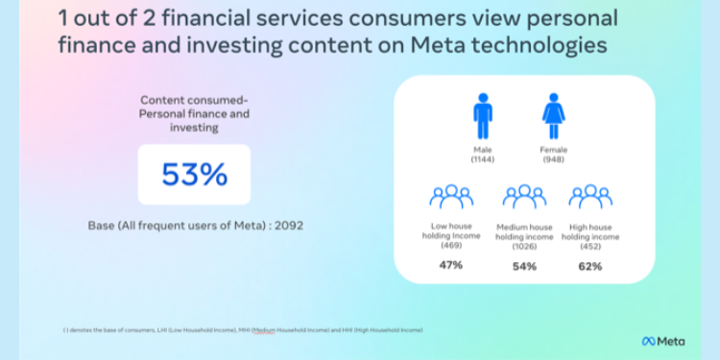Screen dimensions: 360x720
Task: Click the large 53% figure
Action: pyautogui.click(x=194, y=175)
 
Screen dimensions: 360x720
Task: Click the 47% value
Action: pyautogui.click(x=450, y=265)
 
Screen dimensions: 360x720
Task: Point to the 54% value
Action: pyautogui.click(x=524, y=265)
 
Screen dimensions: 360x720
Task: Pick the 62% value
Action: pyautogui.click(x=590, y=265)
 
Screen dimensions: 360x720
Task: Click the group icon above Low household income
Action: pyautogui.click(x=450, y=198)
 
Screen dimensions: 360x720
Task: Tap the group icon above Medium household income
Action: pyautogui.click(x=524, y=198)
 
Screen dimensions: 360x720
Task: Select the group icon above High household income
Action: pyautogui.click(x=590, y=198)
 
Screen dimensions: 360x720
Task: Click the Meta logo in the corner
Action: pyautogui.click(x=663, y=341)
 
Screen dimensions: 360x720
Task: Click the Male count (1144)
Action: pyautogui.click(x=482, y=159)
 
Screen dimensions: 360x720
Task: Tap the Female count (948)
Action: pyautogui.click(x=553, y=159)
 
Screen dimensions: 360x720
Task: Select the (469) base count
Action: pyautogui.click(x=450, y=246)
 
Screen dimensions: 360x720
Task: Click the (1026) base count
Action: pyautogui.click(x=524, y=246)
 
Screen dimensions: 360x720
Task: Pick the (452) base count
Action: pyautogui.click(x=590, y=246)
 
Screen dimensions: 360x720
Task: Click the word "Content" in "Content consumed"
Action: pyautogui.click(x=161, y=100)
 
